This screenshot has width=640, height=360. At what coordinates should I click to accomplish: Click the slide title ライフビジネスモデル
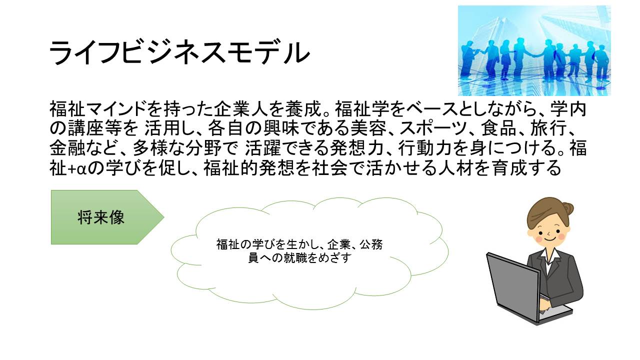pos(179,53)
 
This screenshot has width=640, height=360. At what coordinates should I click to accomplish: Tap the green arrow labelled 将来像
pos(107,217)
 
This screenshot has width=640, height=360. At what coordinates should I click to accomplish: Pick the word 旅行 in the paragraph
pos(548,128)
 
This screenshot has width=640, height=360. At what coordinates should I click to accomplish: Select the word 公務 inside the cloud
pos(371,244)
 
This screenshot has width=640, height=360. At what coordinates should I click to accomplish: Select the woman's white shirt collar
pos(549,255)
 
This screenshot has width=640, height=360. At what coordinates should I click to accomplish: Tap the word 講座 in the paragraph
pos(85,128)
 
